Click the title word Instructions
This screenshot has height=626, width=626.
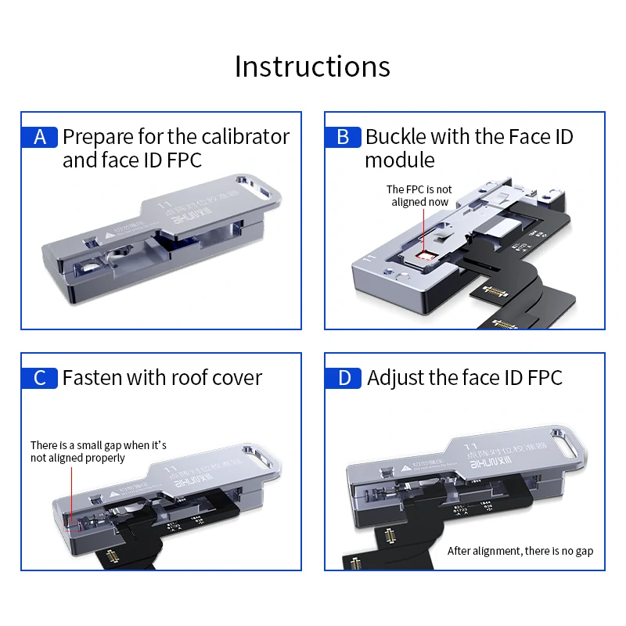pos(312,67)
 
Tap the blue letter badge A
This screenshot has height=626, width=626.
pos(40,137)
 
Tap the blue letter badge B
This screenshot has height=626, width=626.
pos(343,137)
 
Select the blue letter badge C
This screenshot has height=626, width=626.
pos(40,378)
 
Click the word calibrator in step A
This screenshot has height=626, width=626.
pos(245,137)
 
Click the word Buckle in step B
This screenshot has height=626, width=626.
pos(394,137)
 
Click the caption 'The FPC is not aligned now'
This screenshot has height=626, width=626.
pos(419,196)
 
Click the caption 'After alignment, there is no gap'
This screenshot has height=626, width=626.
pos(520,551)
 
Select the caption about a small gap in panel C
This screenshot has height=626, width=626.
pos(98,452)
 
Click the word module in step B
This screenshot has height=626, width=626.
pos(399,160)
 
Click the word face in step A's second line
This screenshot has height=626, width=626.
pos(121,160)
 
